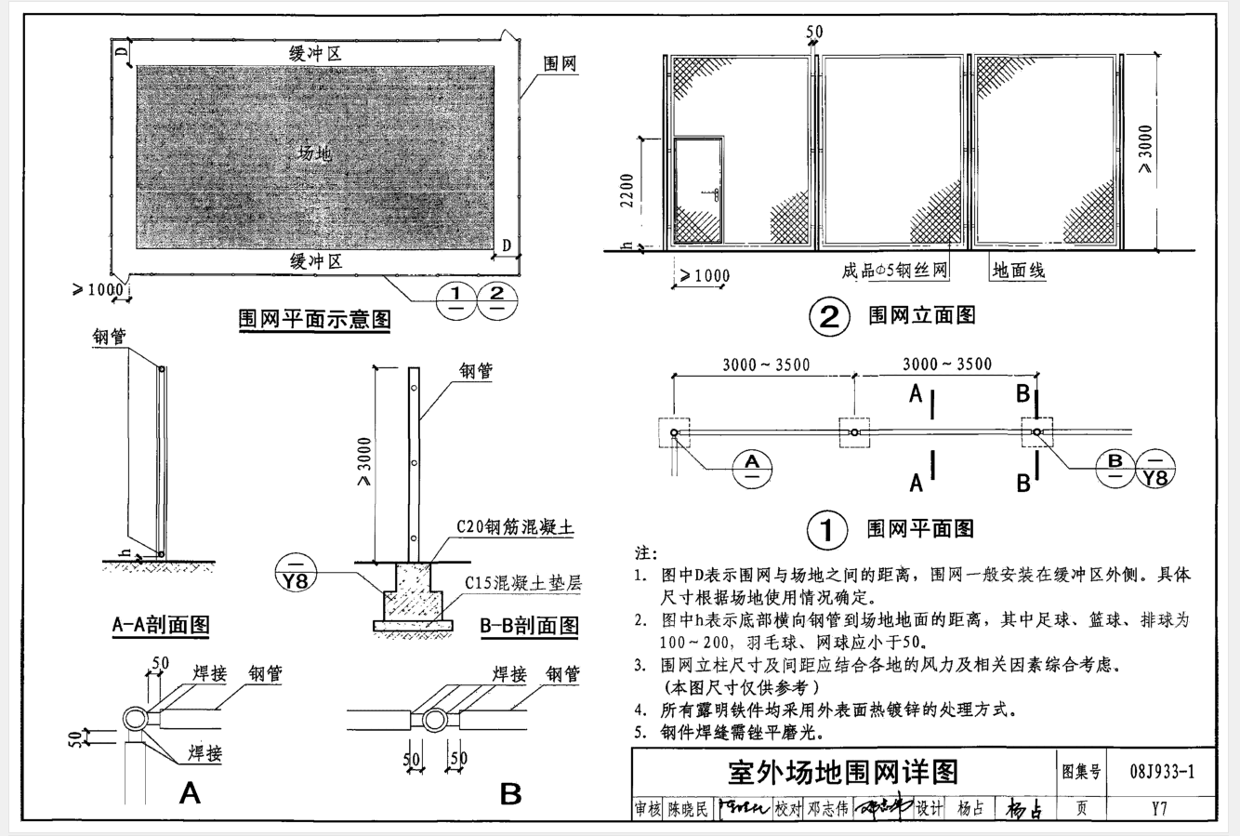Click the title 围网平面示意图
[x=315, y=320]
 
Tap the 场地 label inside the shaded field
[x=315, y=153]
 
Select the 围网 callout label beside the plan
[x=560, y=64]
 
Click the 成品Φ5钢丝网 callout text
[x=894, y=272]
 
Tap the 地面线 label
[x=1018, y=272]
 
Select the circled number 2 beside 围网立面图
[x=828, y=317]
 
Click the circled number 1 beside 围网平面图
[x=826, y=530]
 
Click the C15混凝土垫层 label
[x=523, y=584]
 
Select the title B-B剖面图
[x=529, y=625]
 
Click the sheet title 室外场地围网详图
[x=843, y=772]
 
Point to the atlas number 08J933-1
[x=1163, y=772]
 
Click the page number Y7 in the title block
[x=1158, y=808]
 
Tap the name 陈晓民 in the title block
[x=688, y=809]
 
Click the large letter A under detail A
[x=190, y=793]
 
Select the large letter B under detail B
[x=510, y=794]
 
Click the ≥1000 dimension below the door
[x=706, y=275]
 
